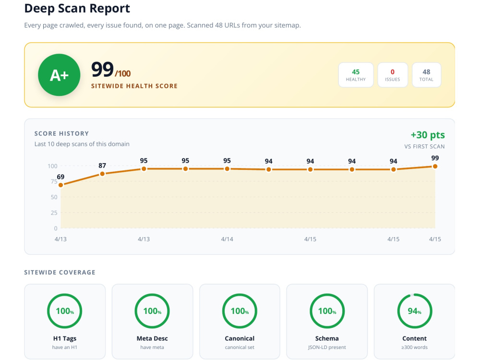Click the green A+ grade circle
[59, 75]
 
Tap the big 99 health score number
[102, 70]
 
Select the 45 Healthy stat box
[356, 75]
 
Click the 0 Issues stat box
[393, 75]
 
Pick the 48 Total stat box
[426, 75]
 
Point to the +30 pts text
[428, 135]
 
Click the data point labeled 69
[60, 185]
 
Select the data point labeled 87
[102, 174]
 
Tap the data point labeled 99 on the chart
[435, 166]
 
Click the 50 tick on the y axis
[54, 197]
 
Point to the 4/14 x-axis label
[227, 239]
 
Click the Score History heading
[61, 133]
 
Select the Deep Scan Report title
[77, 8]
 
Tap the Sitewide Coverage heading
[60, 272]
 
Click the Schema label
[327, 338]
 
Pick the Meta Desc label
[152, 338]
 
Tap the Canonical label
[240, 338]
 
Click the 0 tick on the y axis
[55, 228]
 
